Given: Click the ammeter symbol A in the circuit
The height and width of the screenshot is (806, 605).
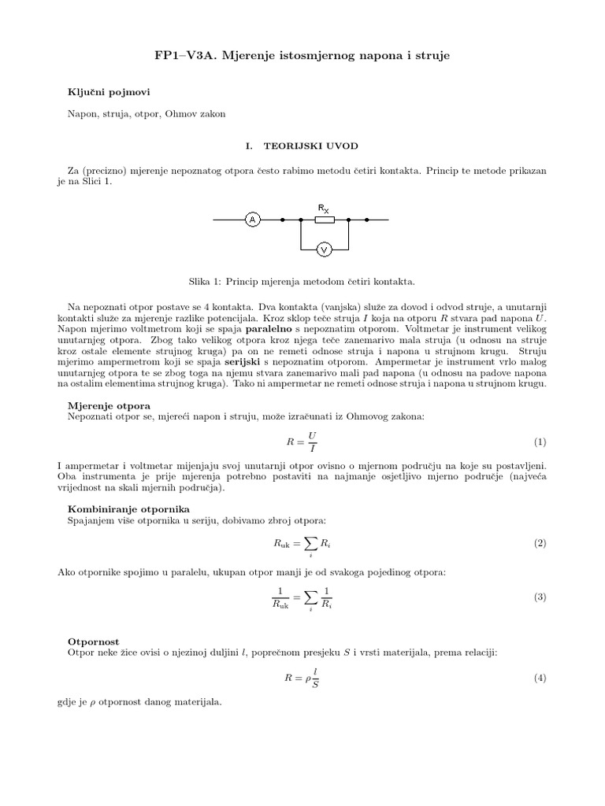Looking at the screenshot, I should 253,220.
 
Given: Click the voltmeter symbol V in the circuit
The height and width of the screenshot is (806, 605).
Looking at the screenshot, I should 322,250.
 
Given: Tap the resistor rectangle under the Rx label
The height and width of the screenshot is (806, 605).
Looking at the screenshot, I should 324,220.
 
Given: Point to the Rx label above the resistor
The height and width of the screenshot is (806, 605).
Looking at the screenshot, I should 324,209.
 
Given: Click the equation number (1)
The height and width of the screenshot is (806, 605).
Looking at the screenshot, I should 540,442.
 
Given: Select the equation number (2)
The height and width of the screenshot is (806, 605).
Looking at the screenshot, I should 540,544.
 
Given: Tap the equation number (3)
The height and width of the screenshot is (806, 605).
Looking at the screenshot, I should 540,597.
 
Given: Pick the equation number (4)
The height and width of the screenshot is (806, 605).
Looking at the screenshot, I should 540,678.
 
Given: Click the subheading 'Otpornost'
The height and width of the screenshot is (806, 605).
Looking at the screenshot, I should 94,642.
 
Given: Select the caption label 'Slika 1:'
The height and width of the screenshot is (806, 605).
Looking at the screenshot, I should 207,280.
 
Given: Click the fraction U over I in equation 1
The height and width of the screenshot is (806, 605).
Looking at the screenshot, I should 312,442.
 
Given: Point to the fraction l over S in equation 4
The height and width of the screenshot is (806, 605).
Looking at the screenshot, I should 315,678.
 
